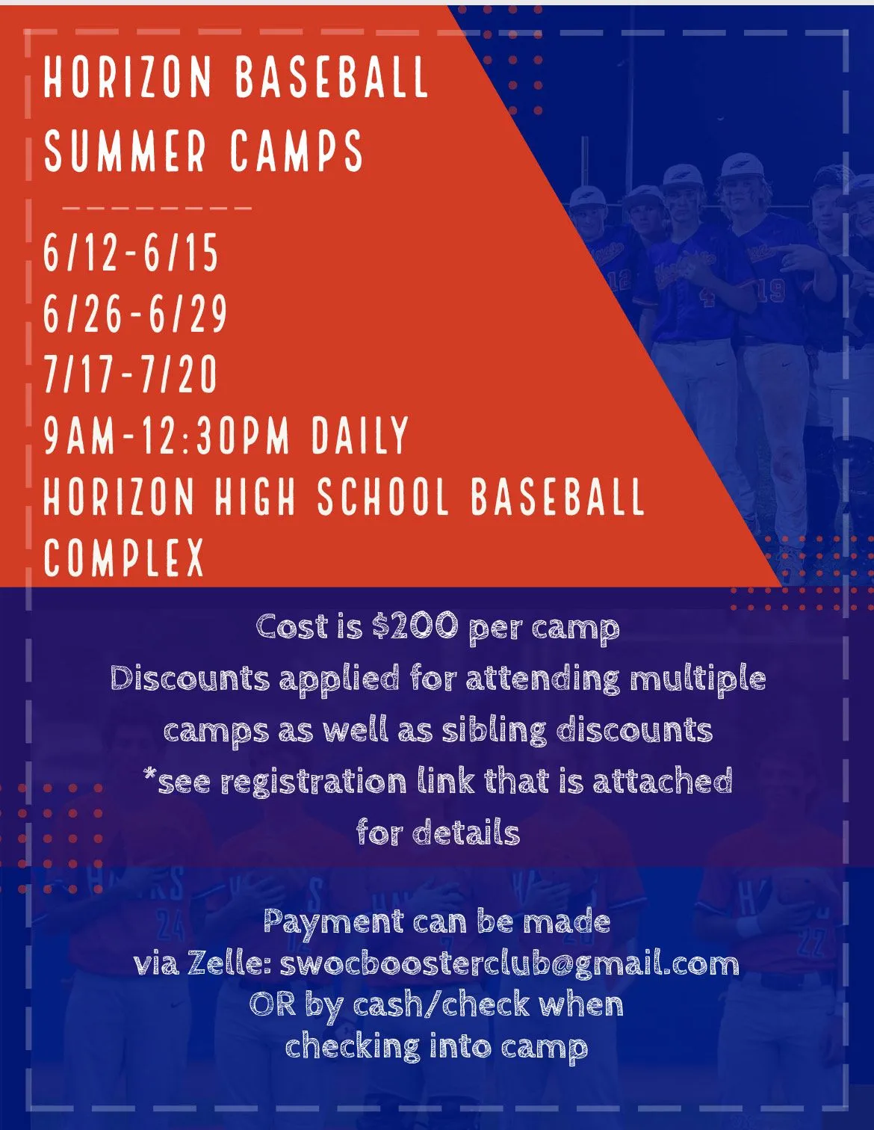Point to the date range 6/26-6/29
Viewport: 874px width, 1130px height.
pyautogui.click(x=134, y=313)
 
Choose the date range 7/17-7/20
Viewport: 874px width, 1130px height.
pyautogui.click(x=130, y=374)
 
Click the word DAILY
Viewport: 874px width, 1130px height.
pyautogui.click(x=359, y=435)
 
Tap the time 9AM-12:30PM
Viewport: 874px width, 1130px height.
pyautogui.click(x=167, y=435)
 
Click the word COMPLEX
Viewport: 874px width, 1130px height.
pyautogui.click(x=124, y=557)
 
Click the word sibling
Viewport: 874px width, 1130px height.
pyautogui.click(x=495, y=731)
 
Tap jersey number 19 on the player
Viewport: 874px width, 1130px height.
pyautogui.click(x=770, y=291)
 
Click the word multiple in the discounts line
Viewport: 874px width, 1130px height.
pyautogui.click(x=698, y=679)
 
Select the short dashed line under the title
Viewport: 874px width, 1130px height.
pyautogui.click(x=157, y=208)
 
